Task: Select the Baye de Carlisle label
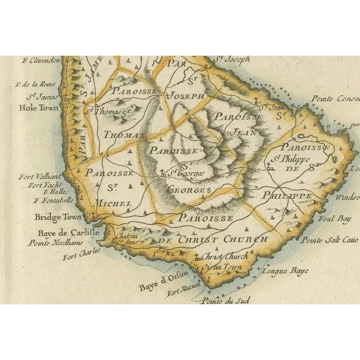pos(61,233)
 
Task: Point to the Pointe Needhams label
pos(55,242)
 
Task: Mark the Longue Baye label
pos(281,271)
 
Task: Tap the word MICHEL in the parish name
pos(114,202)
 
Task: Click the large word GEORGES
pos(190,190)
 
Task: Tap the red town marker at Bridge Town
pos(94,219)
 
